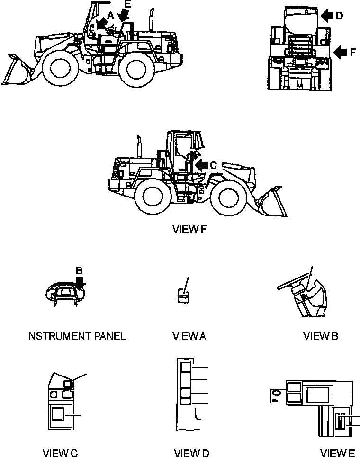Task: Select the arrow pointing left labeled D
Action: tap(326, 16)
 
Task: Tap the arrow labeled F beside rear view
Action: tap(340, 52)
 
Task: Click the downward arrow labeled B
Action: tap(80, 284)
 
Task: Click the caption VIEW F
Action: tap(189, 230)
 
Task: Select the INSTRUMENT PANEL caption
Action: tap(75, 336)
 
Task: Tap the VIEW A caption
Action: tap(189, 336)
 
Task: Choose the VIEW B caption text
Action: tap(320, 336)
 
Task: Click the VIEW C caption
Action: tap(60, 453)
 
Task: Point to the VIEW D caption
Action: tap(191, 453)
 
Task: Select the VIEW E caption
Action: tap(337, 453)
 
